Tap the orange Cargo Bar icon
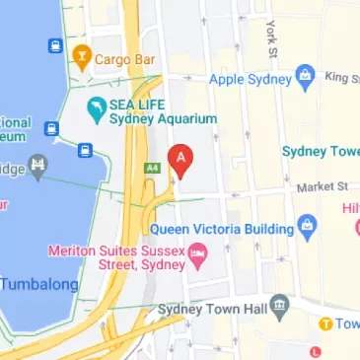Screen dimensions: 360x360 82,57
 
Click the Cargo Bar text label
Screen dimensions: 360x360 125,59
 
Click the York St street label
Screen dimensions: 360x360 269,36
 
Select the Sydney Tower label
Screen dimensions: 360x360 322,151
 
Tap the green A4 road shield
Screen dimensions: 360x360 152,168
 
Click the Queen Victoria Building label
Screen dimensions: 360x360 221,229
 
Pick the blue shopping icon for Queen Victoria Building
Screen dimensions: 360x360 308,225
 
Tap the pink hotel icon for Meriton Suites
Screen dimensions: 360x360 199,258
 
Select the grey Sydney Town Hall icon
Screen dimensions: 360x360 281,303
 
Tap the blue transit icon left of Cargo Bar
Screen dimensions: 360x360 54,45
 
